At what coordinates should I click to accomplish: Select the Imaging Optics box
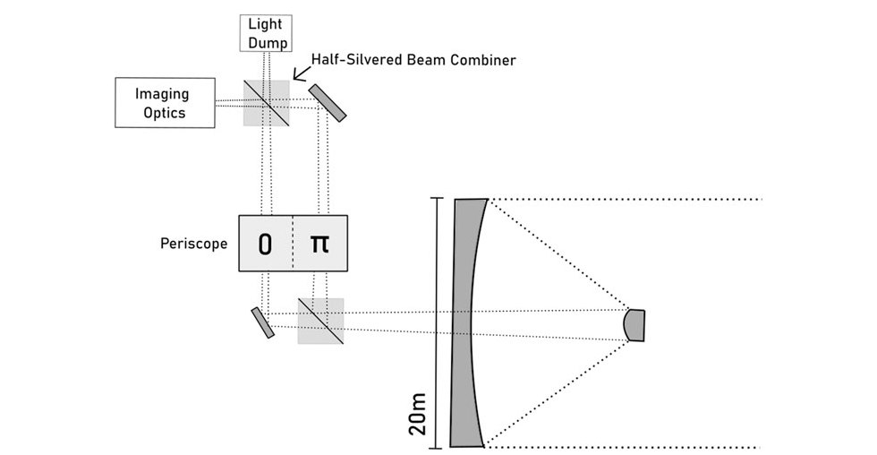pyautogui.click(x=164, y=102)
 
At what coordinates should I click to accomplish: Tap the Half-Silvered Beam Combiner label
pyautogui.click(x=413, y=60)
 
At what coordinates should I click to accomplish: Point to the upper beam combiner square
pyautogui.click(x=267, y=103)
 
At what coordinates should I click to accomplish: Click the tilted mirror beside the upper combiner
pyautogui.click(x=327, y=102)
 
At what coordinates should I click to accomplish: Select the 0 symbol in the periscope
pyautogui.click(x=266, y=244)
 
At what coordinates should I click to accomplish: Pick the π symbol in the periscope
pyautogui.click(x=319, y=243)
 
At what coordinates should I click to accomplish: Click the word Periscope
pyautogui.click(x=193, y=244)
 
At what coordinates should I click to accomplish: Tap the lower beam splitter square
pyautogui.click(x=320, y=320)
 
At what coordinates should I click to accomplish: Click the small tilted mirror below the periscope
pyautogui.click(x=262, y=322)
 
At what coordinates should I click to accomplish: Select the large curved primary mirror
pyautogui.click(x=469, y=322)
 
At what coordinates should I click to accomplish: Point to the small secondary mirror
pyautogui.click(x=635, y=324)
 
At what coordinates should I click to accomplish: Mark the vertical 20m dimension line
pyautogui.click(x=438, y=322)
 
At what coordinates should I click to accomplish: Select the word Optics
pyautogui.click(x=163, y=112)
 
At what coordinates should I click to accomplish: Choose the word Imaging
pyautogui.click(x=163, y=93)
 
